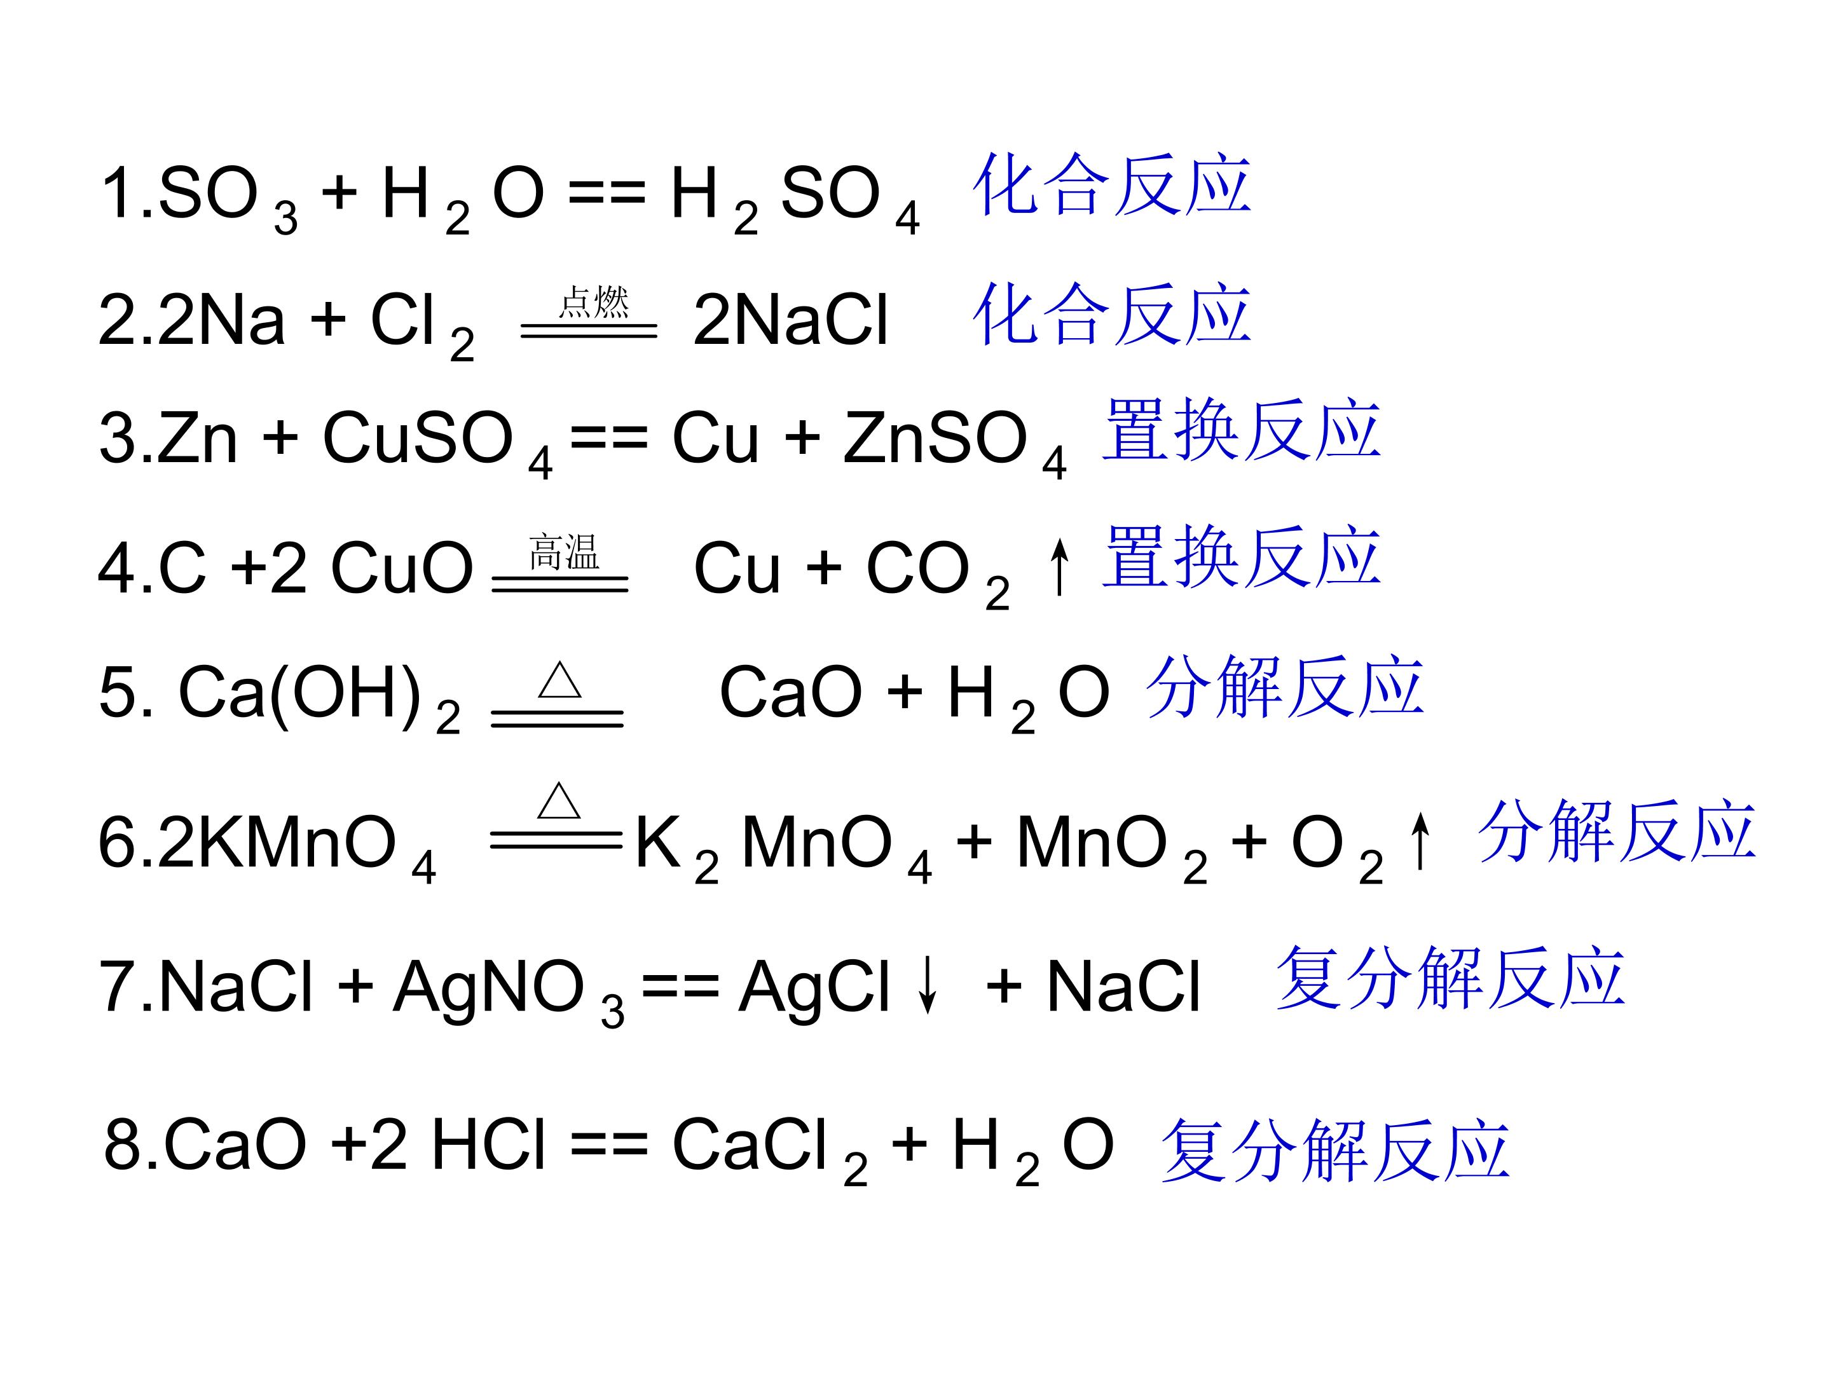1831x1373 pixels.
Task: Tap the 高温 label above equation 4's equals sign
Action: [564, 552]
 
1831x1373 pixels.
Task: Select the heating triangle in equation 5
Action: [559, 680]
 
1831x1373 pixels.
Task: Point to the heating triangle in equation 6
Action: [559, 800]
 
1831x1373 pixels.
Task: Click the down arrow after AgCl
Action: [928, 984]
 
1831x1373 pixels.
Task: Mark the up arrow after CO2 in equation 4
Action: [1059, 566]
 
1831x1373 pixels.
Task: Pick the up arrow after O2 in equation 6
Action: [1420, 840]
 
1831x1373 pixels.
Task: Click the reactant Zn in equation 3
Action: [197, 437]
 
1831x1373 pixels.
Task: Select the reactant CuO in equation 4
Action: [401, 568]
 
